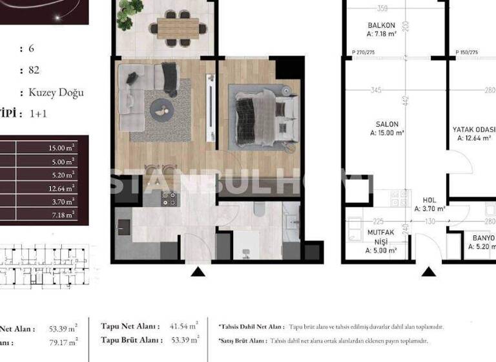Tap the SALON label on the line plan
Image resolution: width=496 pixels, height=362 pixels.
coord(387,123)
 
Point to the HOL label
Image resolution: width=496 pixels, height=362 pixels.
coord(429,200)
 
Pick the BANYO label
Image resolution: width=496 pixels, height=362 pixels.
coord(483,238)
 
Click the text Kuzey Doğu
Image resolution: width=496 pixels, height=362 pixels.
coord(56,92)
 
